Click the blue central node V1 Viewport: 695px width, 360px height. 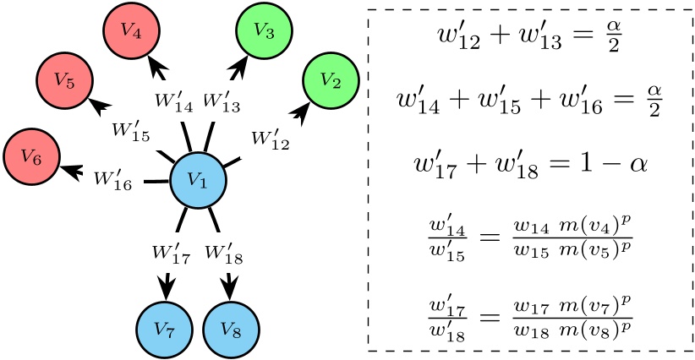click(x=197, y=179)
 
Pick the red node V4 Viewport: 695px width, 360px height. click(x=129, y=30)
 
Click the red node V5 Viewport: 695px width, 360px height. click(x=63, y=82)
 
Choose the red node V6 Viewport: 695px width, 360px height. click(x=30, y=155)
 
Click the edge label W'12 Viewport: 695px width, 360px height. click(x=271, y=140)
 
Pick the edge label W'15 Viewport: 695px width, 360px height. click(x=131, y=133)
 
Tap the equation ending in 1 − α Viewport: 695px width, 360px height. click(x=529, y=161)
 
